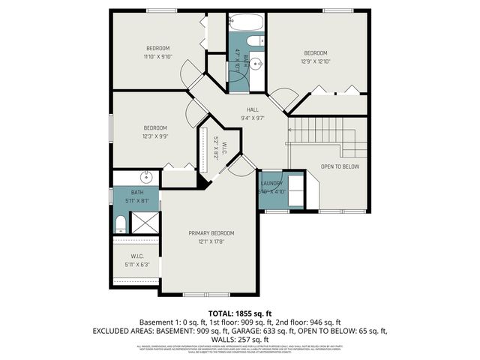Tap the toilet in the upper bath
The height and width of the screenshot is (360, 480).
coord(255,40)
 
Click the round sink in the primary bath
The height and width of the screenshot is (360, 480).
coord(147,178)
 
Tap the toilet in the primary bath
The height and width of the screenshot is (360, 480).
coord(121,222)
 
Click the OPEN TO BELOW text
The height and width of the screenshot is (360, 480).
coord(340,166)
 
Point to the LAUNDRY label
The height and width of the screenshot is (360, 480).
coord(271,184)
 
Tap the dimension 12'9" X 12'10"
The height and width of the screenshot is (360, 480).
coord(315,61)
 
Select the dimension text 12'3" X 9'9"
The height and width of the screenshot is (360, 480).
coord(154,136)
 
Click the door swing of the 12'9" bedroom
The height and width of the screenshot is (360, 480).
coord(281,97)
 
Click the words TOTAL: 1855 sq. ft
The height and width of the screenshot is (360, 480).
coord(239,313)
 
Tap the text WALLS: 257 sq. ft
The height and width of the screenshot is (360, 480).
coord(239,338)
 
